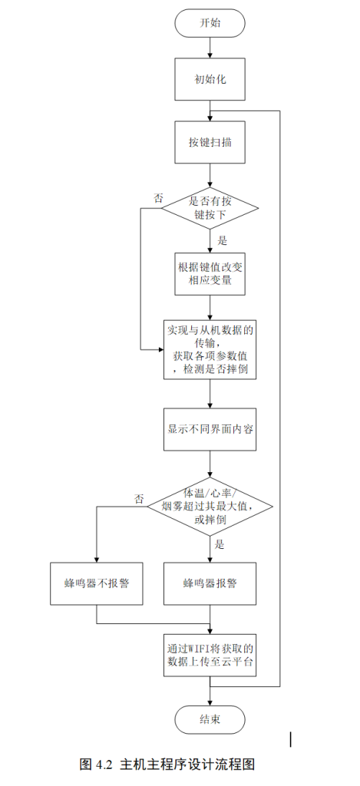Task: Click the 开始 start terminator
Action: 210,23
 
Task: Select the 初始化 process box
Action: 210,79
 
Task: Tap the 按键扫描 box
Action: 210,142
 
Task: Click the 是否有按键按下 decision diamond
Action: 210,208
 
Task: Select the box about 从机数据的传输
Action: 210,349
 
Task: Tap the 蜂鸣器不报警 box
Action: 97,583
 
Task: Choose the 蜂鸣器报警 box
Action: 210,583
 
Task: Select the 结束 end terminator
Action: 210,719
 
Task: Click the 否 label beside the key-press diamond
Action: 159,198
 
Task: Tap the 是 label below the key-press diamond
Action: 223,240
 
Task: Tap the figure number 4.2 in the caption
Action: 104,765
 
